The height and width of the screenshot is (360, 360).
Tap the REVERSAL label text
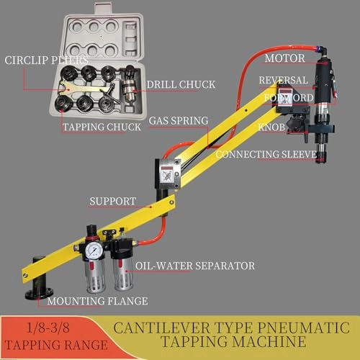(x=284, y=80)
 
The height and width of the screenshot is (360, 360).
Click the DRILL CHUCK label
(x=181, y=85)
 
